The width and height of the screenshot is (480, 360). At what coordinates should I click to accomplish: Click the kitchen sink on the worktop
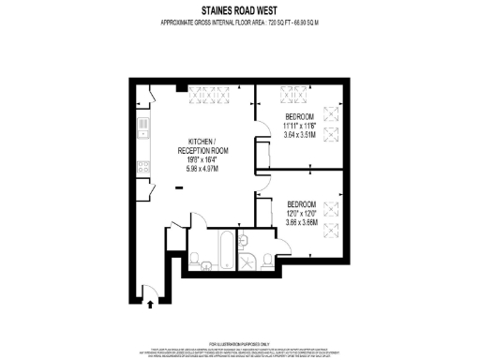click(142, 124)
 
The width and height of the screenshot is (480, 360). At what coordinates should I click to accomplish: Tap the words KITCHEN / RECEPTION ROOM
click(203, 144)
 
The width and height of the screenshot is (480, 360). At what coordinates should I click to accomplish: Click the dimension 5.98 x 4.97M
click(203, 170)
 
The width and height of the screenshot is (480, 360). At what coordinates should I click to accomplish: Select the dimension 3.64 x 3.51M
click(304, 135)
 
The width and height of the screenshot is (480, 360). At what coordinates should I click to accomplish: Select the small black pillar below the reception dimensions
click(179, 187)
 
